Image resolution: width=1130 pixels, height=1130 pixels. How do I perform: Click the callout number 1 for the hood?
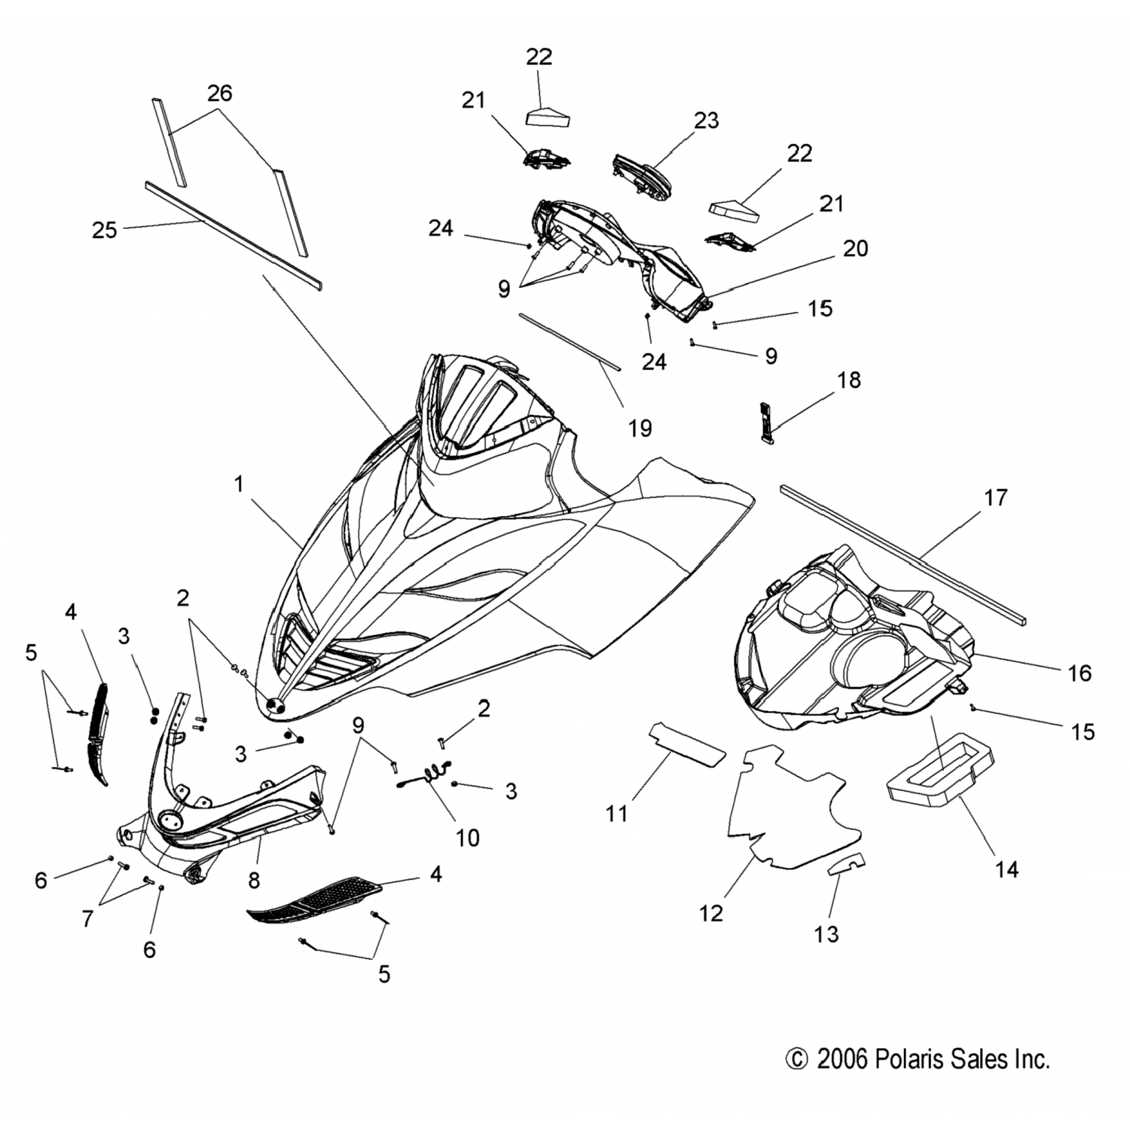pos(239,484)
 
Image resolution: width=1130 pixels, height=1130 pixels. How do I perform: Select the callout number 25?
pos(105,230)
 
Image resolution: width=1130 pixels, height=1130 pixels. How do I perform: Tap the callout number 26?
pos(219,93)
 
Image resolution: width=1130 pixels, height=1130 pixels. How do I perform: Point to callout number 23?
pos(706,121)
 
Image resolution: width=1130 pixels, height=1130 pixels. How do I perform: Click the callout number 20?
pos(855,248)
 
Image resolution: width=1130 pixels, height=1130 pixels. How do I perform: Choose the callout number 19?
pos(640,428)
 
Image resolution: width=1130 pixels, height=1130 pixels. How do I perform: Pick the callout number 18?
pos(849,380)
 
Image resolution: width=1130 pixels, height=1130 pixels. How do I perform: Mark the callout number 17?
pos(995,497)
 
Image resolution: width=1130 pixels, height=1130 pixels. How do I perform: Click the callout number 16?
pos(1080,673)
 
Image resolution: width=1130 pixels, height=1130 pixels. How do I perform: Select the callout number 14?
pos(1006,869)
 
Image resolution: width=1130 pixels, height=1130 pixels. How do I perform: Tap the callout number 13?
pos(826,934)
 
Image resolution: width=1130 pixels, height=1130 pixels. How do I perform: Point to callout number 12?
pos(711,913)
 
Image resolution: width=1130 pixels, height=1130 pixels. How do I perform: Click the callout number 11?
pos(616,814)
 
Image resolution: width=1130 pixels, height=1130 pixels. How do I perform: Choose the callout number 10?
pos(467,837)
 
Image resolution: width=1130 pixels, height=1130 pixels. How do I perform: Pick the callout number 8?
pos(255,879)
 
